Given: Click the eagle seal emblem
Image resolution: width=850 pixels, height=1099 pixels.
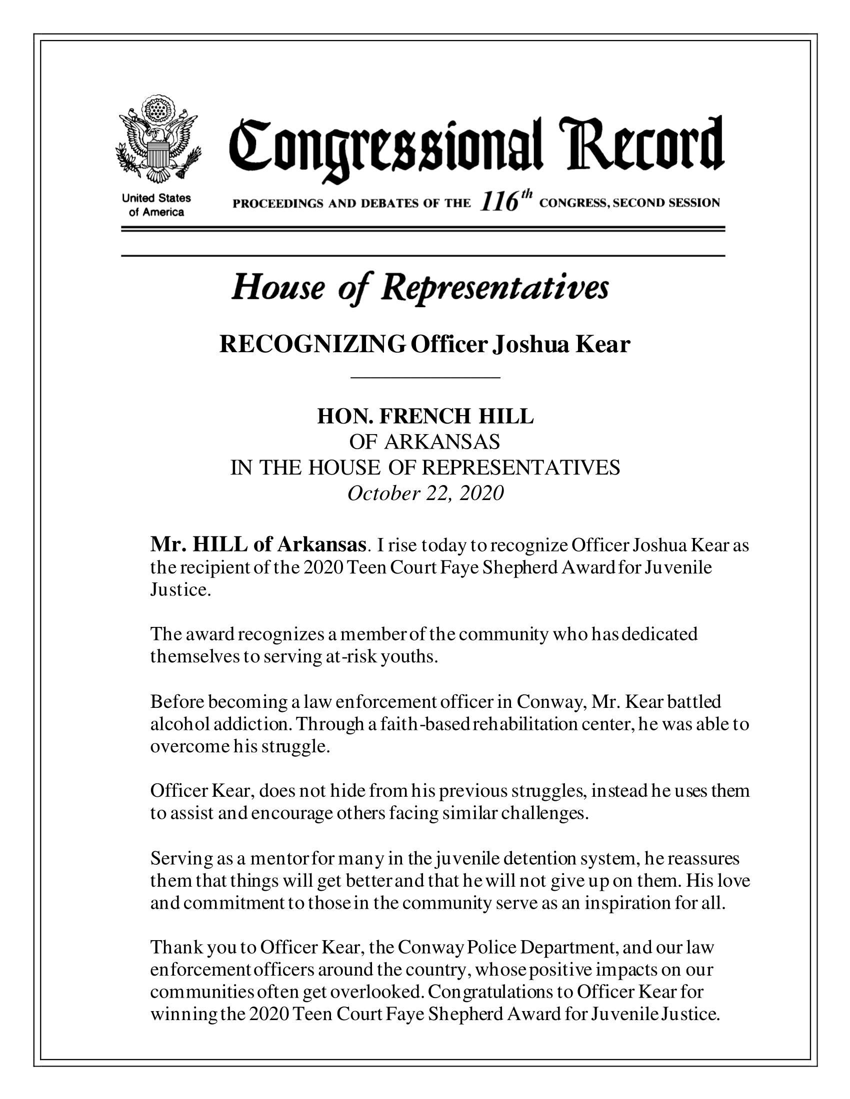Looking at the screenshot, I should [157, 139].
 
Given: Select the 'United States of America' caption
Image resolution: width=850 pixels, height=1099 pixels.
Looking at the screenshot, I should [156, 205].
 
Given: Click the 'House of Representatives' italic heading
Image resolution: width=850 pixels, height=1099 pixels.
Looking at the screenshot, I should [419, 288].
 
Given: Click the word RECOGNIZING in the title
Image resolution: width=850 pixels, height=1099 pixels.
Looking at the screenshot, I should [312, 345].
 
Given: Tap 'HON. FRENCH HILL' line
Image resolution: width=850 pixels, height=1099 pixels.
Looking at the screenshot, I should [425, 417].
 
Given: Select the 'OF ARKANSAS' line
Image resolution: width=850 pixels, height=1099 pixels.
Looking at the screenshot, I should [424, 442].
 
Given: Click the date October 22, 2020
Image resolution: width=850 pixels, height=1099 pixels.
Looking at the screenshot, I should [425, 494].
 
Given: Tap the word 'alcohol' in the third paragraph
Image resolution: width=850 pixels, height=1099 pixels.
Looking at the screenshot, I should [180, 724].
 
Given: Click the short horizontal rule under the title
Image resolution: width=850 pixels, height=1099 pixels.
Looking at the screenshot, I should [425, 377].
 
